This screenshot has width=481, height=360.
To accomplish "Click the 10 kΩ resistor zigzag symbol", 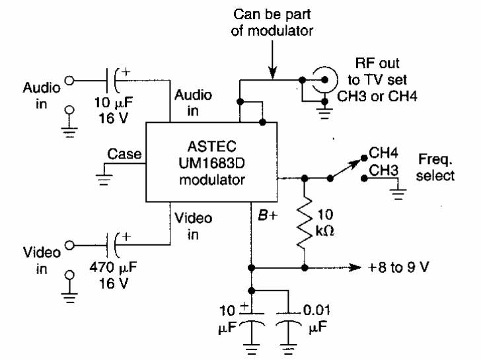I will (x=305, y=226).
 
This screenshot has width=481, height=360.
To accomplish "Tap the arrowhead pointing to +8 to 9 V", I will (x=353, y=268).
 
